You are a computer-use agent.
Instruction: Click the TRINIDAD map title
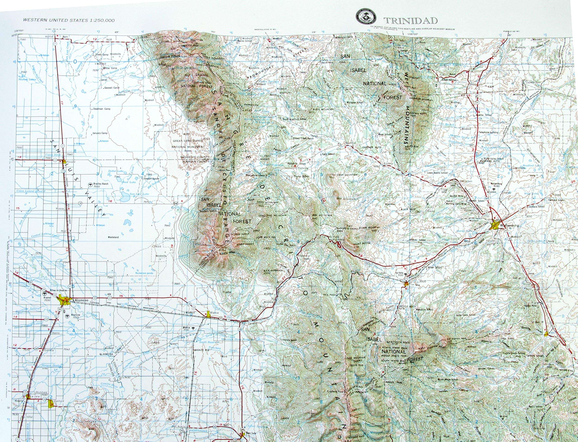point(410,21)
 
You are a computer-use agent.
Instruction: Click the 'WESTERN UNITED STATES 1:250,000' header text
point(69,20)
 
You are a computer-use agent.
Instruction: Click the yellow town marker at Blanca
point(208,314)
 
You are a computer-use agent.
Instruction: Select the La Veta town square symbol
point(406,284)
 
